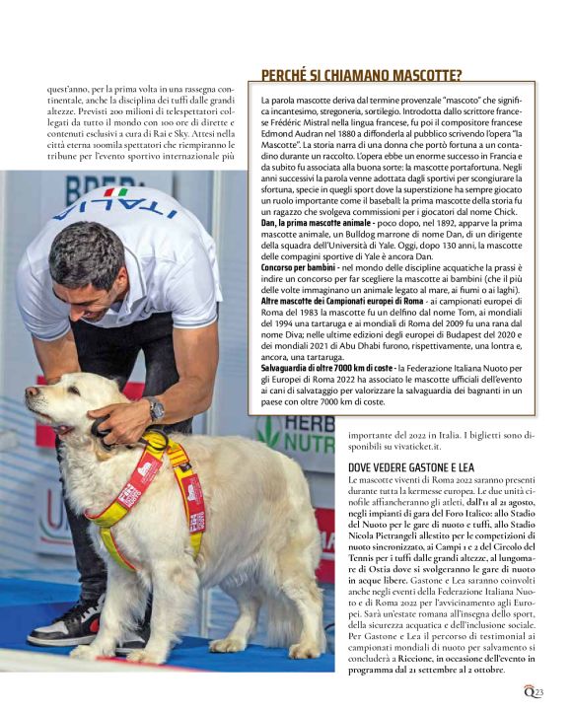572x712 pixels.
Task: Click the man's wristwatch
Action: point(156,407)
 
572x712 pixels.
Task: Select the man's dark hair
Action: point(85,253)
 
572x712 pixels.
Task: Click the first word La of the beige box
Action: point(266,102)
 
